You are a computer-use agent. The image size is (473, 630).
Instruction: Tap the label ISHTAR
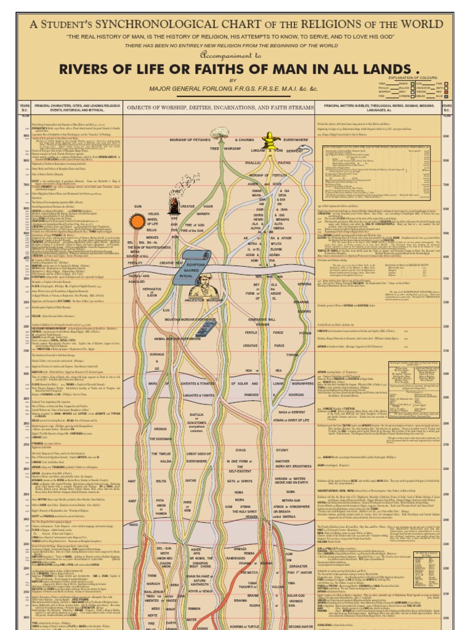[x=190, y=480]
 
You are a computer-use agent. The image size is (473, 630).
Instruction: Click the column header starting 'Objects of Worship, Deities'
[x=220, y=107]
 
